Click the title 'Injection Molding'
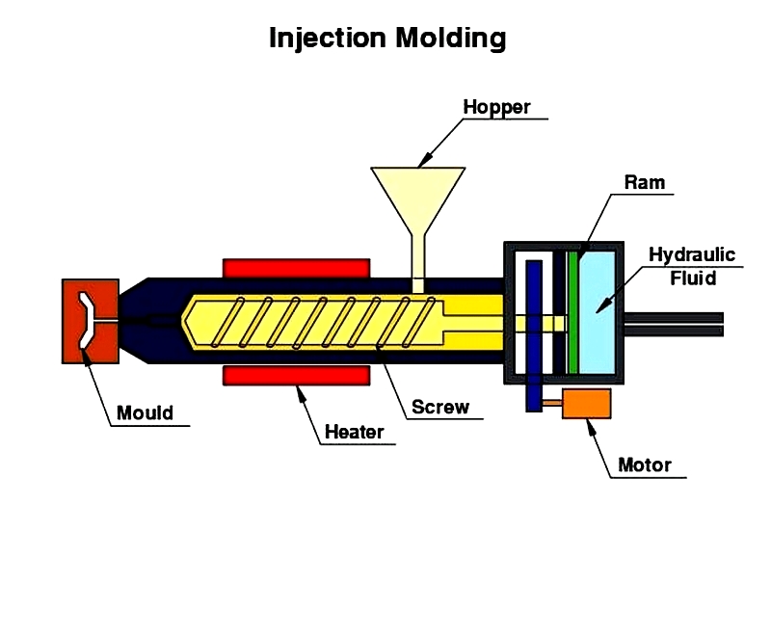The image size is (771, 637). pos(386,38)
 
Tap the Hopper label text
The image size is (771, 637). pos(496,107)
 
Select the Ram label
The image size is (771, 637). pos(644,183)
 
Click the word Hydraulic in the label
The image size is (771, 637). pos(691,255)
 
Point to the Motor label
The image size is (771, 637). pos(644,465)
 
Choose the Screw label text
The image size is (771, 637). pos(440,407)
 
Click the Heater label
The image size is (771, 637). pos(354,433)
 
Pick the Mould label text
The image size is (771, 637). pos(145,413)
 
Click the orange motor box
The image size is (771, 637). pos(586,403)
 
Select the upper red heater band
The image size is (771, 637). pos(296,267)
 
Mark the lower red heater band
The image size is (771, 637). pos(296,375)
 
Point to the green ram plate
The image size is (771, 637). pos(572,311)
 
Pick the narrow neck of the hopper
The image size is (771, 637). pos(418,257)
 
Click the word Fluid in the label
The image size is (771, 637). pos(693,279)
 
